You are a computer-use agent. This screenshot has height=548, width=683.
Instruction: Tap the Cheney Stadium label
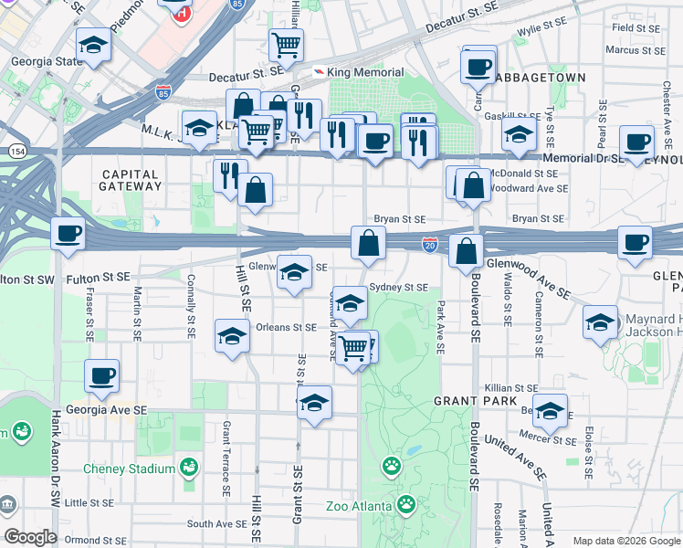click(x=129, y=469)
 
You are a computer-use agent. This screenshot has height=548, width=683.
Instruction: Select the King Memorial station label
click(x=364, y=72)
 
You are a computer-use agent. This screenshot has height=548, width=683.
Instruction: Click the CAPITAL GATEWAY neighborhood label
click(x=131, y=180)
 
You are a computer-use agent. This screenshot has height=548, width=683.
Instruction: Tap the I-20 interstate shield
click(x=429, y=244)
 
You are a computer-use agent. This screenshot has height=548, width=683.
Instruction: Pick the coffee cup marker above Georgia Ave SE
click(x=101, y=375)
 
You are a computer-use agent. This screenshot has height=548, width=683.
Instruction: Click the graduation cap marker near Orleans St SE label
click(x=232, y=335)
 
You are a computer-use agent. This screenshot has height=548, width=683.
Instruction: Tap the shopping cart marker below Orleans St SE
click(x=352, y=347)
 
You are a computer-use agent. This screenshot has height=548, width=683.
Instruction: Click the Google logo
click(x=31, y=537)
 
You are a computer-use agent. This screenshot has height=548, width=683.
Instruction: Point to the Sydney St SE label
click(x=398, y=287)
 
